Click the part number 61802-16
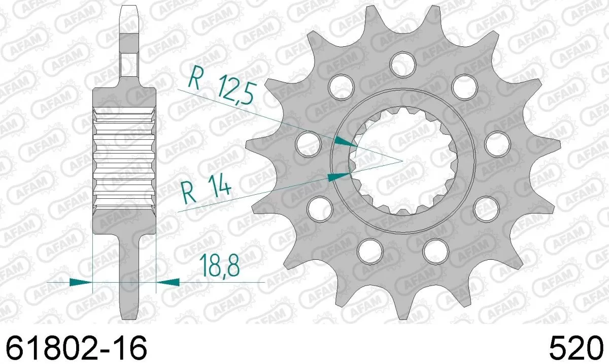76,348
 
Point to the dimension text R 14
206,191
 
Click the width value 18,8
220,266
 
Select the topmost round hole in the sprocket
403,62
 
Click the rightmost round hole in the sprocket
497,144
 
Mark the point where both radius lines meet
402,161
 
